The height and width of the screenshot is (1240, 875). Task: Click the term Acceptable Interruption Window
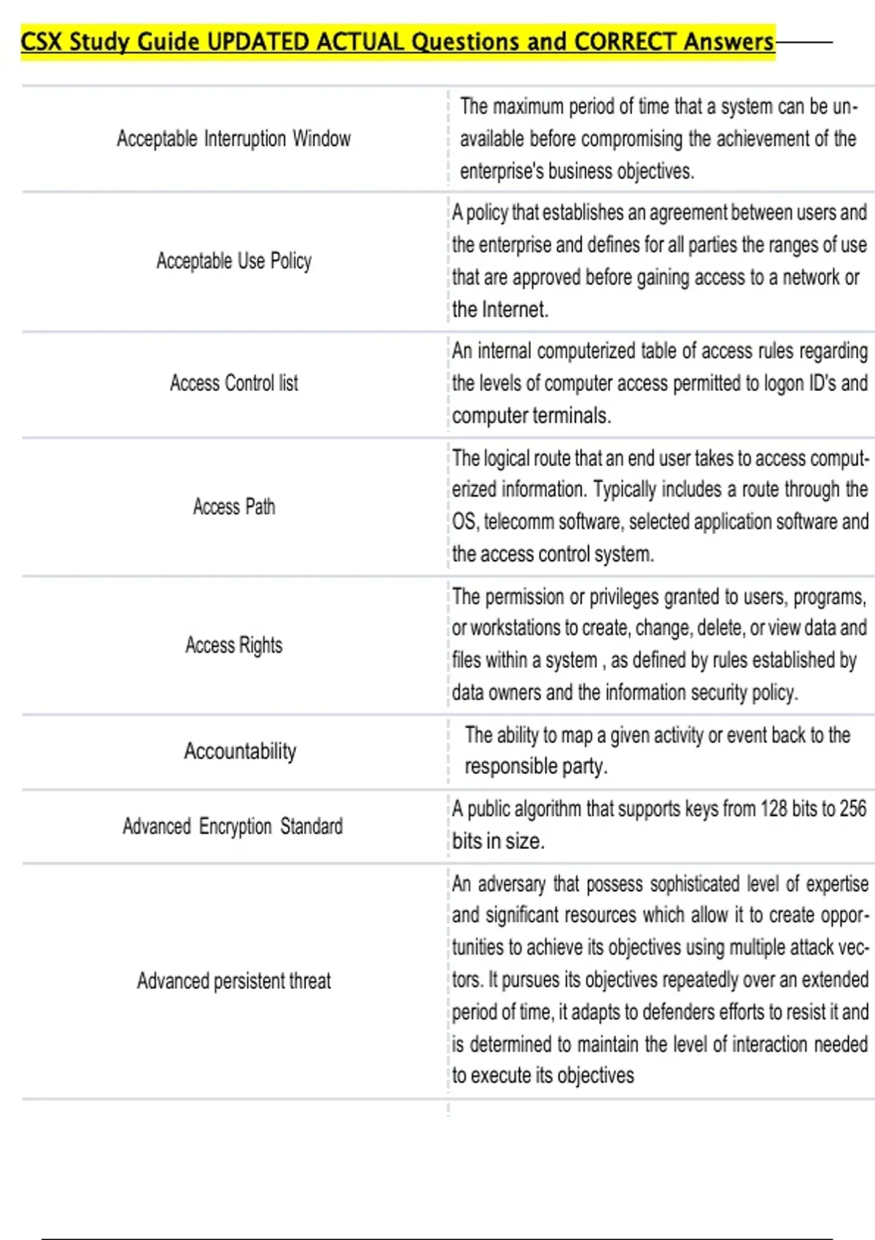[x=233, y=139]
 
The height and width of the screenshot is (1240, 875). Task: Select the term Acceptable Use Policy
[x=233, y=260]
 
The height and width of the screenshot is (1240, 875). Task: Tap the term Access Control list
[x=233, y=383]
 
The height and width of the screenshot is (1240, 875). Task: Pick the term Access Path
[x=233, y=506]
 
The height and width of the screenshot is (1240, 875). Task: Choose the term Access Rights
[x=233, y=645]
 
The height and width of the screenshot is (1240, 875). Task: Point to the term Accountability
[x=240, y=751]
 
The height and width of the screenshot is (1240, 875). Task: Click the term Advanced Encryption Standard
[x=233, y=826]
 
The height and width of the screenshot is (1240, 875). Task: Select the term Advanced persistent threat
[x=233, y=980]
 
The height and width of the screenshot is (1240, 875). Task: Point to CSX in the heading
[x=41, y=42]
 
